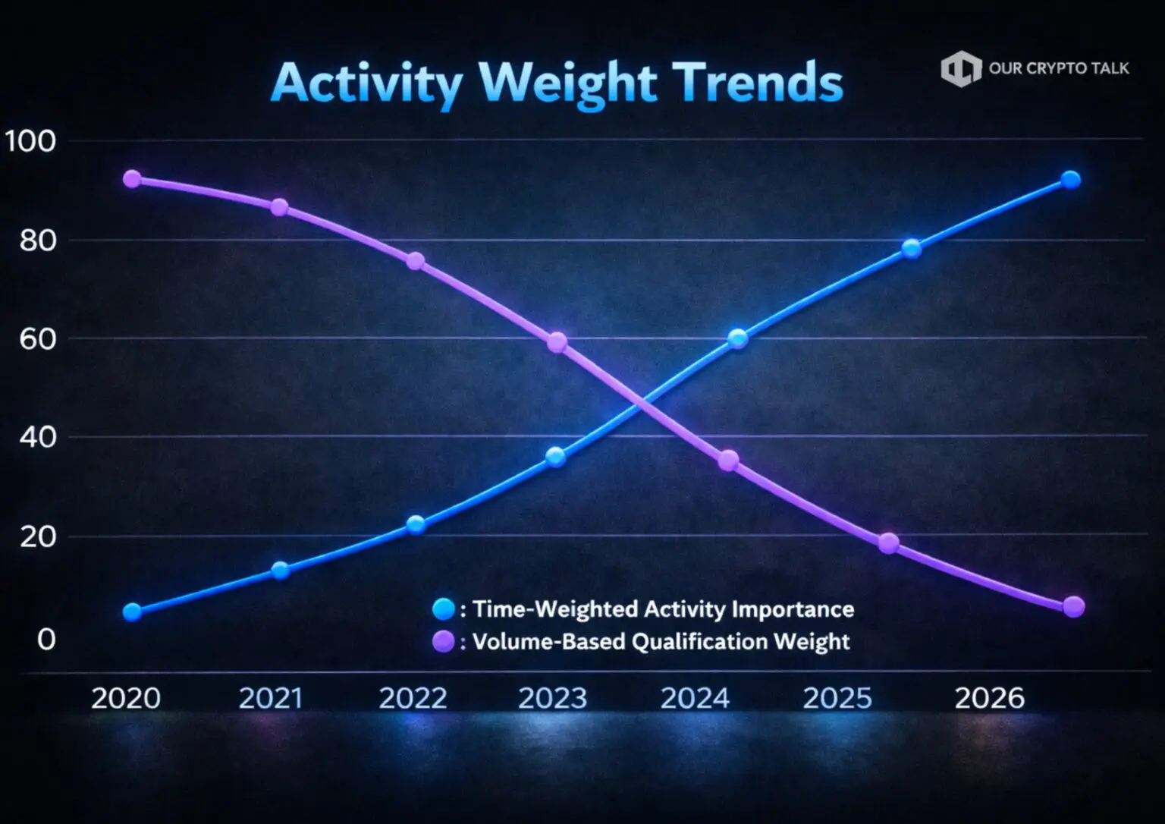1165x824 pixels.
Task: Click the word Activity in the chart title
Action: click(x=366, y=83)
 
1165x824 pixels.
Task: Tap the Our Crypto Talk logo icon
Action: click(x=960, y=69)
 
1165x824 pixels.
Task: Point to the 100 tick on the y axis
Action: click(x=30, y=141)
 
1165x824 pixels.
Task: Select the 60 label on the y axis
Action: click(x=37, y=339)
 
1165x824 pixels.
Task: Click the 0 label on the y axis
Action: click(x=46, y=640)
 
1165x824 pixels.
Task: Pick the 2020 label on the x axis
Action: click(x=125, y=698)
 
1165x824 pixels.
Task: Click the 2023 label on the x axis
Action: click(x=552, y=698)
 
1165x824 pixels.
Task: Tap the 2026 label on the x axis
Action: click(x=989, y=698)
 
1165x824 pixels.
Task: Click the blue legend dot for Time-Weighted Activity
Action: click(x=443, y=609)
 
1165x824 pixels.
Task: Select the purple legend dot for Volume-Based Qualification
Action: click(x=443, y=642)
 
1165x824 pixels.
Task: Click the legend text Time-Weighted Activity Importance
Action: click(x=663, y=609)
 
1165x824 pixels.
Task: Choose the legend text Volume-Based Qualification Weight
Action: click(x=661, y=642)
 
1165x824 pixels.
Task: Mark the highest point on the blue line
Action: click(x=1070, y=180)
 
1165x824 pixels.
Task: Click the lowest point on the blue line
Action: click(x=132, y=612)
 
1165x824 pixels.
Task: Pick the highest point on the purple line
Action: click(x=132, y=179)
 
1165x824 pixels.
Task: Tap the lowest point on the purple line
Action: click(x=1074, y=606)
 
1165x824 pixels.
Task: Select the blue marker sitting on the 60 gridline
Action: click(x=737, y=338)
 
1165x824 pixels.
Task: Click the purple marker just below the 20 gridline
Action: click(x=888, y=543)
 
